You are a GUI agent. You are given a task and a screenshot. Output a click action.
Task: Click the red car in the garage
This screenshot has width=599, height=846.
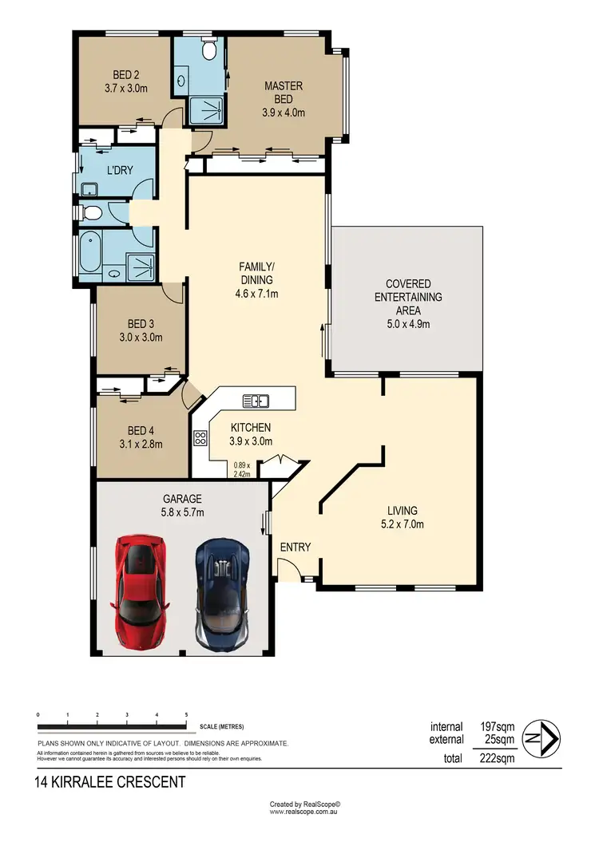[x=141, y=591]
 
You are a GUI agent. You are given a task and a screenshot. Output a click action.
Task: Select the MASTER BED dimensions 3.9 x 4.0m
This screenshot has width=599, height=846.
[x=284, y=112]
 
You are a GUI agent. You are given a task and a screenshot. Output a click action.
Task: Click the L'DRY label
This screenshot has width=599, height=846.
[x=120, y=170]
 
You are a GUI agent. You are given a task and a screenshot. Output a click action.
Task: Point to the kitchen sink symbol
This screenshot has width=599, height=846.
[x=257, y=401]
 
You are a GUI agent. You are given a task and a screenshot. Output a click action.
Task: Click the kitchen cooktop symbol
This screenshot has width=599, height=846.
[x=200, y=437]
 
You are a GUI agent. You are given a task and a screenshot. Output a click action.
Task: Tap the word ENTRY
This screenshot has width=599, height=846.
[x=295, y=547]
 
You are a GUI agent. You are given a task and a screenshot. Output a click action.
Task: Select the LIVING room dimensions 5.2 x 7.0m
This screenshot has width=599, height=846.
[x=403, y=524]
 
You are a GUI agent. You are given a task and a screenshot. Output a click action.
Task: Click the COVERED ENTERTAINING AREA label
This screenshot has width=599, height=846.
[x=408, y=297]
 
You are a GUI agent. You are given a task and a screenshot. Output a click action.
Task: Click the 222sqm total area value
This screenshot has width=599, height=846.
[x=495, y=758]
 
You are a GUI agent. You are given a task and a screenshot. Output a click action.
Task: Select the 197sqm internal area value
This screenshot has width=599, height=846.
[x=495, y=726]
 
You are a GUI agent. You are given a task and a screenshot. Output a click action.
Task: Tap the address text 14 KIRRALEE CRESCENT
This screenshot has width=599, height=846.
[x=110, y=782]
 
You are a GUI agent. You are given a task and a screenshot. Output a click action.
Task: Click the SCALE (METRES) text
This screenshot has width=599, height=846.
[x=223, y=726]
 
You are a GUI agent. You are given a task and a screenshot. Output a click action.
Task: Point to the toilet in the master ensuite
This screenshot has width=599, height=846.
[x=209, y=50]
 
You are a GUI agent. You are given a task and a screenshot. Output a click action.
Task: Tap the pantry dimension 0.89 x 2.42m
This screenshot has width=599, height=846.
[x=242, y=469]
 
